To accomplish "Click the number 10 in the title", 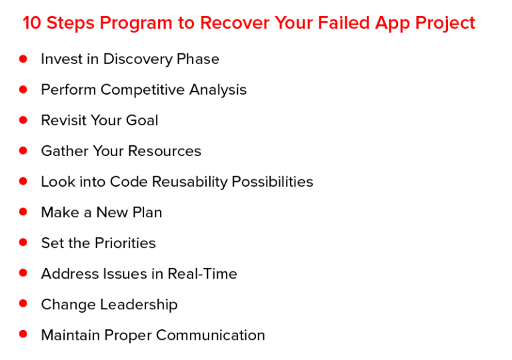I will [31, 23].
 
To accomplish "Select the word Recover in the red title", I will [233, 23].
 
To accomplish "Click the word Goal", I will [142, 121].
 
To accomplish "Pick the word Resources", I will [165, 151].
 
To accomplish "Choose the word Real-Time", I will [202, 274].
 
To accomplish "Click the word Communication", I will [210, 335].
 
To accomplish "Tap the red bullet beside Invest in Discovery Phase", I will [23, 59].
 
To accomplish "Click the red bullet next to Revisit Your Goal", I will [23, 120].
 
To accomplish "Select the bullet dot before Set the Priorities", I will [23, 243].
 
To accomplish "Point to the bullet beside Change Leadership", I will [23, 304].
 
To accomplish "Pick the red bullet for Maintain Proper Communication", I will [23, 335].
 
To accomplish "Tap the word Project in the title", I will [445, 23].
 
